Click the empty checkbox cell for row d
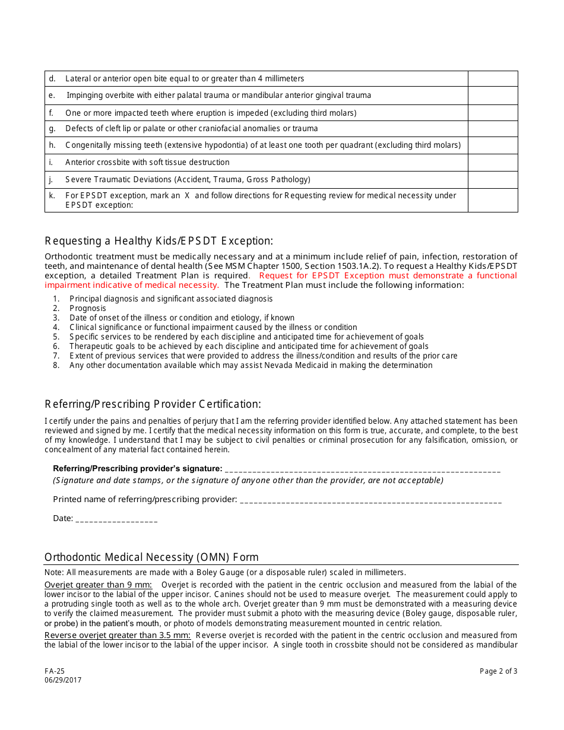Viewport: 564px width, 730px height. tap(493, 79)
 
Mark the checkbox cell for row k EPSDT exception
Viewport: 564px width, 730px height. tap(493, 200)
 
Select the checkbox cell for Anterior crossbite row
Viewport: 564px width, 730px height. tap(493, 163)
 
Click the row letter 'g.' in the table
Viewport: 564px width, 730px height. tap(52, 129)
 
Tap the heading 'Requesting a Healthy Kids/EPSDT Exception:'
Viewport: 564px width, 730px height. tap(159, 241)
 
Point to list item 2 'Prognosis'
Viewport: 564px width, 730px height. tap(87, 309)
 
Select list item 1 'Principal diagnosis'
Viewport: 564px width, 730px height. tap(171, 299)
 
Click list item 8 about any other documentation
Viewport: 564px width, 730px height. tap(251, 366)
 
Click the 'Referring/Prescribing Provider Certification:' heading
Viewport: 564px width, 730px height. tap(153, 404)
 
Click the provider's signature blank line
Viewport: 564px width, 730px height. tap(362, 469)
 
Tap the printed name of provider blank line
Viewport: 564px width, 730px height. tap(371, 500)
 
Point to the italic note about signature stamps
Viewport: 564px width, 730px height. tap(248, 481)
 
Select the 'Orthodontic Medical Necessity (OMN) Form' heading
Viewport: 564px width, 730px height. tap(151, 557)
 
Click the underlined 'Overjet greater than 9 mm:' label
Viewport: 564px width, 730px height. tap(98, 585)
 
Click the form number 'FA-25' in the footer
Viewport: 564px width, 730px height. tap(55, 671)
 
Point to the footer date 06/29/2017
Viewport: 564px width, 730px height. tap(63, 680)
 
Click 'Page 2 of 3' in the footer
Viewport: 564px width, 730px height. tap(498, 671)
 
